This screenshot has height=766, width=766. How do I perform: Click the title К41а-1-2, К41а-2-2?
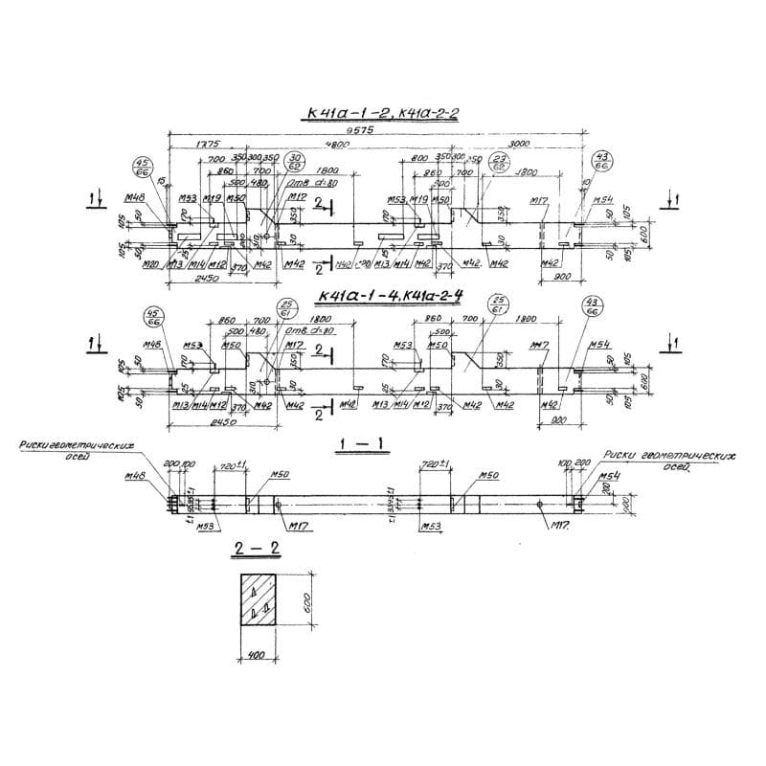[381, 116]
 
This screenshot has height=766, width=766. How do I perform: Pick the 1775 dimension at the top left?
[180, 144]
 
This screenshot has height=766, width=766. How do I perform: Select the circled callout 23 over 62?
[499, 161]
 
